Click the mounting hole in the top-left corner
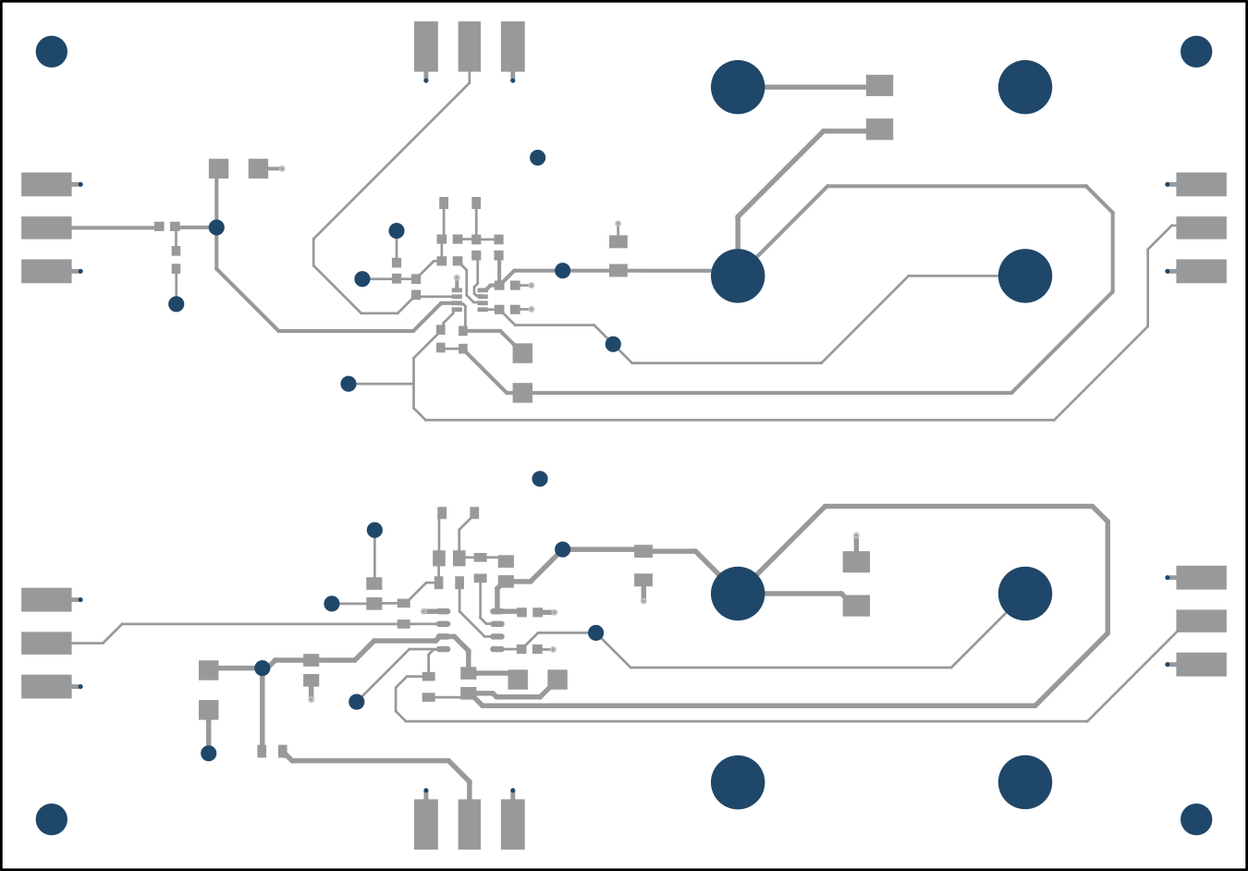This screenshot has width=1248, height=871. tap(52, 52)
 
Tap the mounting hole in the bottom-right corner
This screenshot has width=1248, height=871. tap(1196, 819)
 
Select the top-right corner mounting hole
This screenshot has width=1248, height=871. tap(1196, 52)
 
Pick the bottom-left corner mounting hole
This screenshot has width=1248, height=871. tap(52, 819)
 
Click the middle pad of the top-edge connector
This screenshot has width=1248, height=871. tap(470, 46)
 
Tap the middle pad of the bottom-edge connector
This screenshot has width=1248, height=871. tap(470, 824)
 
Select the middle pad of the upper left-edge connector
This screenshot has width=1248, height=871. tap(46, 227)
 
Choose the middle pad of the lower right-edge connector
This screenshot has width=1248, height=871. tap(1201, 620)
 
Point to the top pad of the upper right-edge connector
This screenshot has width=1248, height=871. tap(1201, 184)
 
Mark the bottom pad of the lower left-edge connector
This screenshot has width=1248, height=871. tap(46, 686)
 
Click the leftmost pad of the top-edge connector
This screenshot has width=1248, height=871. tap(426, 46)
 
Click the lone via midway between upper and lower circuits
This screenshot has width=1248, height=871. tap(540, 479)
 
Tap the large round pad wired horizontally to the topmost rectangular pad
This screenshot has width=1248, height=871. tap(738, 87)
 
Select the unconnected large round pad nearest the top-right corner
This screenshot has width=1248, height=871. tap(1025, 87)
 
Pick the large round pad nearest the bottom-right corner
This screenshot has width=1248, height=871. tap(1025, 782)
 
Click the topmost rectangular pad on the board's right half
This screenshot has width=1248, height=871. tap(879, 85)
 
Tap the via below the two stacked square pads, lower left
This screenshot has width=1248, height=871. tap(209, 754)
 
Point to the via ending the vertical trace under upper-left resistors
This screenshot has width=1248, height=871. tap(176, 304)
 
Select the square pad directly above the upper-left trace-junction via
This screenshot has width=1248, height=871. tap(218, 168)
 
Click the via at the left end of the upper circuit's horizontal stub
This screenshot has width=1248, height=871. tap(349, 384)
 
